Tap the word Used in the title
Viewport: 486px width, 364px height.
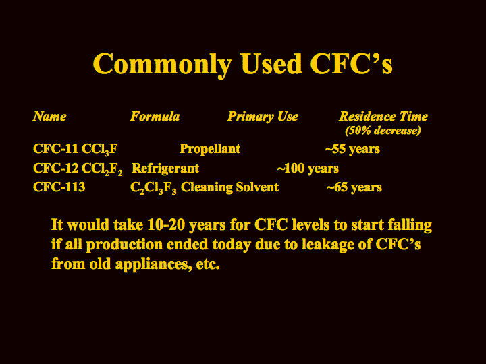point(271,63)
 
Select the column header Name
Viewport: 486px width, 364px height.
point(49,117)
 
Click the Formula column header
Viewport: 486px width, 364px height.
point(155,117)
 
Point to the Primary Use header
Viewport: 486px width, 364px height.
point(263,117)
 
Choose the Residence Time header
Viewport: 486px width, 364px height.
point(383,117)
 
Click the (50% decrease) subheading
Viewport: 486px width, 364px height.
point(383,130)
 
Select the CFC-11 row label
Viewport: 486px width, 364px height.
point(55,148)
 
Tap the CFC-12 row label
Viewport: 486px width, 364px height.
point(55,168)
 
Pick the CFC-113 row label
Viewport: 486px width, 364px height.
point(59,187)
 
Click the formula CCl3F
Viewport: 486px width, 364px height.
point(100,149)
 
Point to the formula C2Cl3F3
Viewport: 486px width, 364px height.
point(153,188)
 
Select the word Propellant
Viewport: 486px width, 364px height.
point(210,149)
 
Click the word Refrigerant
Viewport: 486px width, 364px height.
point(165,169)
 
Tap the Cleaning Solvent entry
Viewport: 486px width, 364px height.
point(230,187)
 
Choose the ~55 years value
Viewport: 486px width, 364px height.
point(352,149)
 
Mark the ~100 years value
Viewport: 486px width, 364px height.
point(308,169)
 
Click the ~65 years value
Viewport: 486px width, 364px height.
point(354,187)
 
